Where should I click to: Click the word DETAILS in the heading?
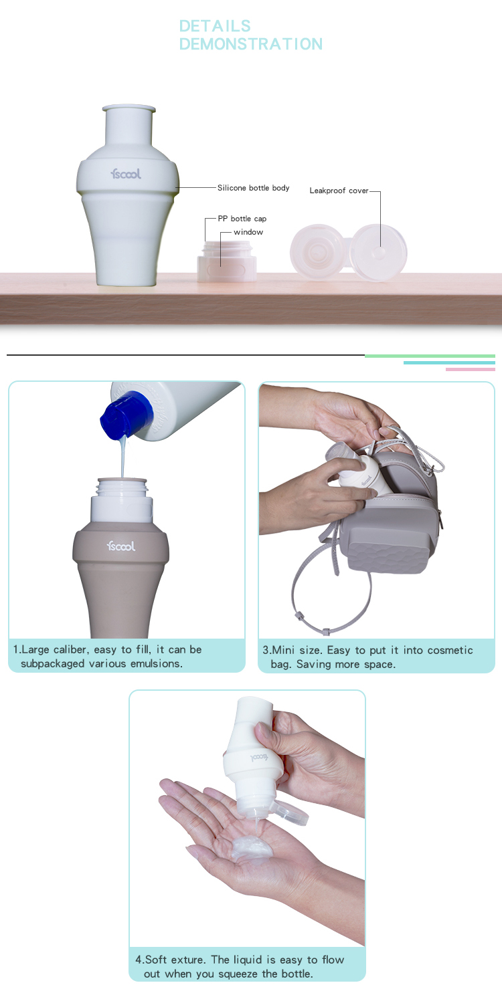[x=215, y=26]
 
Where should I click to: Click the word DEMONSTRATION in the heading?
[x=251, y=44]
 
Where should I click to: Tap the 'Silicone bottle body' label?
[x=253, y=188]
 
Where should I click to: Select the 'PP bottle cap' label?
[x=242, y=219]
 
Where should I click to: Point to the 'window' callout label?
[x=248, y=232]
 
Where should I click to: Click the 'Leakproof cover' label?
[x=339, y=191]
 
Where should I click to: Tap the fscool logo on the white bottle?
[x=126, y=173]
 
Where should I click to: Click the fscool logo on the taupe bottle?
[x=121, y=546]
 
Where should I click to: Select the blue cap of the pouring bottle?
[x=127, y=414]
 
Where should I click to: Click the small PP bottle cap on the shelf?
[x=227, y=261]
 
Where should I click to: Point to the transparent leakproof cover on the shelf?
[x=349, y=253]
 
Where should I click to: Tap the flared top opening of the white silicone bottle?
[x=129, y=108]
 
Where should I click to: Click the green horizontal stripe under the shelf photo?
[x=430, y=356]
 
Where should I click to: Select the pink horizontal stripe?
[x=470, y=369]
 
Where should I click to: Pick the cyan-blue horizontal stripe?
[x=449, y=362]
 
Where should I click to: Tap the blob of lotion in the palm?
[x=250, y=847]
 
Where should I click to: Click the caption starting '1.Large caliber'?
[x=107, y=656]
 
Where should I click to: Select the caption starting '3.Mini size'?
[x=367, y=657]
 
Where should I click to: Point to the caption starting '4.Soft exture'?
[x=240, y=966]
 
